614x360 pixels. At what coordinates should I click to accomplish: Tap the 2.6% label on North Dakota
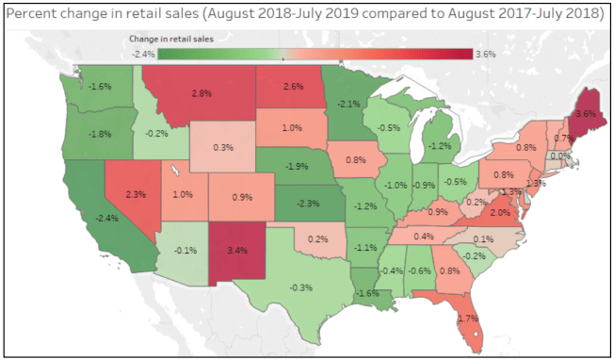pyautogui.click(x=292, y=88)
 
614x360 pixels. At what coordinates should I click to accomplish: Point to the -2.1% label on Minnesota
pyautogui.click(x=348, y=105)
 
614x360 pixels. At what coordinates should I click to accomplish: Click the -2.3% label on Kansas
pyautogui.click(x=305, y=203)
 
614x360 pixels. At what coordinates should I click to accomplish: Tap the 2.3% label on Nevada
pyautogui.click(x=133, y=194)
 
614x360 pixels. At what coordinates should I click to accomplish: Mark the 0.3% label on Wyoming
pyautogui.click(x=223, y=148)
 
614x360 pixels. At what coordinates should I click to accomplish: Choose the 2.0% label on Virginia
pyautogui.click(x=499, y=214)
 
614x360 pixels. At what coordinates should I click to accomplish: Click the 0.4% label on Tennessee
pyautogui.click(x=423, y=236)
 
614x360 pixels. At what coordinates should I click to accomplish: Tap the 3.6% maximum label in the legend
pyautogui.click(x=486, y=55)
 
